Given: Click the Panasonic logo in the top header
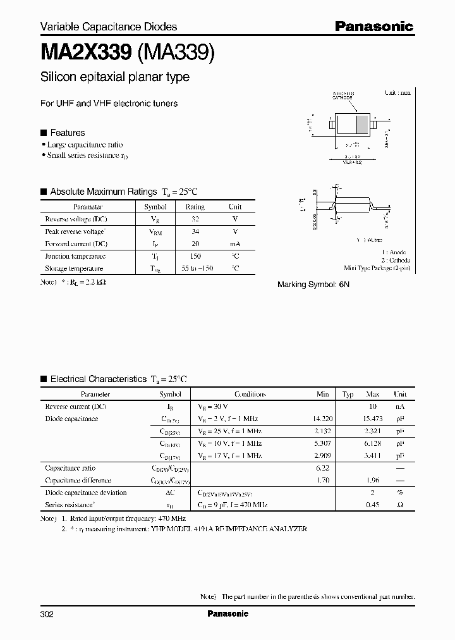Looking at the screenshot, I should pyautogui.click(x=373, y=26).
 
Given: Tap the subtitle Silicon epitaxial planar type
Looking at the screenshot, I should pyautogui.click(x=114, y=77).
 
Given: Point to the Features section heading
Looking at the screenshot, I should pyautogui.click(x=67, y=133).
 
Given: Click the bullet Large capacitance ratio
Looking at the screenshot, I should pyautogui.click(x=87, y=145).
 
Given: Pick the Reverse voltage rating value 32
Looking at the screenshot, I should pyautogui.click(x=195, y=219).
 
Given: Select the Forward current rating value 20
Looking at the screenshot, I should pyautogui.click(x=195, y=243).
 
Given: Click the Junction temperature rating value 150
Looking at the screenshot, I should pyautogui.click(x=195, y=256).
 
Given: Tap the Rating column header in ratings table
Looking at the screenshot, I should pyautogui.click(x=195, y=207).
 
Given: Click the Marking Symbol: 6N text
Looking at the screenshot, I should pyautogui.click(x=313, y=285).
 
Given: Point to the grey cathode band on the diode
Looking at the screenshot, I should pyautogui.click(x=362, y=123).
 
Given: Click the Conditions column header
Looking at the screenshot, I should pyautogui.click(x=250, y=394).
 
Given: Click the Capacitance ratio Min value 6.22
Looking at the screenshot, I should pyautogui.click(x=323, y=468).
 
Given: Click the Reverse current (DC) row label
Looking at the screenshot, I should pyautogui.click(x=76, y=406).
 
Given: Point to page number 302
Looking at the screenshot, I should pyautogui.click(x=47, y=614).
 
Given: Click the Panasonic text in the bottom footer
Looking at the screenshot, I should pyautogui.click(x=227, y=614).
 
